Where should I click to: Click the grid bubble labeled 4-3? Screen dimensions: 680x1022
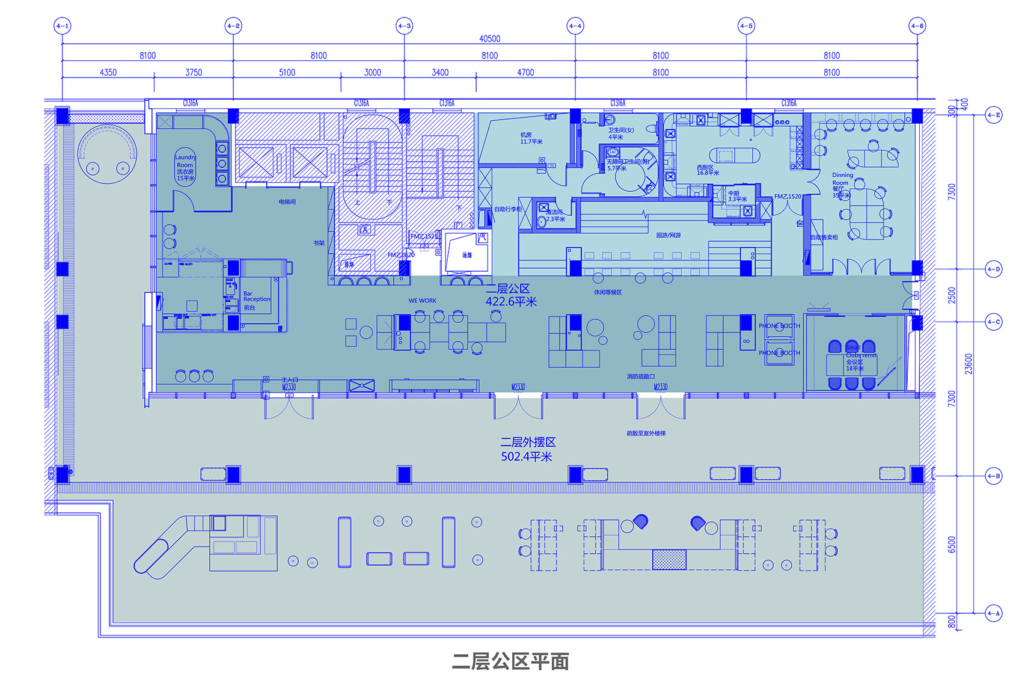[x=404, y=26]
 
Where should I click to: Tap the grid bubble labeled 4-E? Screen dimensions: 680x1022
[x=994, y=115]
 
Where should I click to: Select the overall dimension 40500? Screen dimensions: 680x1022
[x=489, y=38]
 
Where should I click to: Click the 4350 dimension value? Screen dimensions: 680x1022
[x=108, y=72]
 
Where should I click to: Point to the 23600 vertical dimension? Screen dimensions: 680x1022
[x=968, y=364]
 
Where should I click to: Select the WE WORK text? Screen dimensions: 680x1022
[x=422, y=301]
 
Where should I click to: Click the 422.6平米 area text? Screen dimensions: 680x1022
[x=510, y=302]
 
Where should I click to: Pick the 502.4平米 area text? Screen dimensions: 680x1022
[x=526, y=457]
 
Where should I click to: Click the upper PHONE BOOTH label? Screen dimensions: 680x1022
[x=779, y=326]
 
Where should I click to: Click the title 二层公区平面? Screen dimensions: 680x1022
[x=510, y=661]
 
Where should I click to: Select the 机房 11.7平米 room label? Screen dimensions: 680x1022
[x=531, y=138]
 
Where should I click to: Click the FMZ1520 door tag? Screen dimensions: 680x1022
[x=788, y=197]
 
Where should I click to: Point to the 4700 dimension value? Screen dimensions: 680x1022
[x=525, y=72]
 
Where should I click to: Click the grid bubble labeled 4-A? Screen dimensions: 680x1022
[x=994, y=614]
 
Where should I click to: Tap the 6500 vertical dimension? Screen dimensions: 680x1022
[x=951, y=545]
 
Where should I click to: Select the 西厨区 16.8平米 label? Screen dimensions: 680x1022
[x=708, y=170]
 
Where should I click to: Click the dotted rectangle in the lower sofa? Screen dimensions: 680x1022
[x=669, y=559]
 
